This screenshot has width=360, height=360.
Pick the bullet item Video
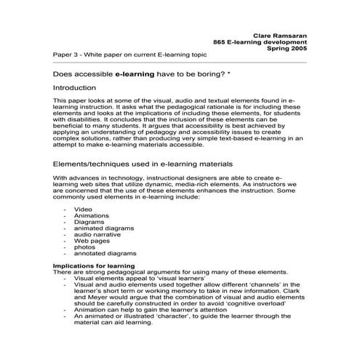(83, 209)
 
